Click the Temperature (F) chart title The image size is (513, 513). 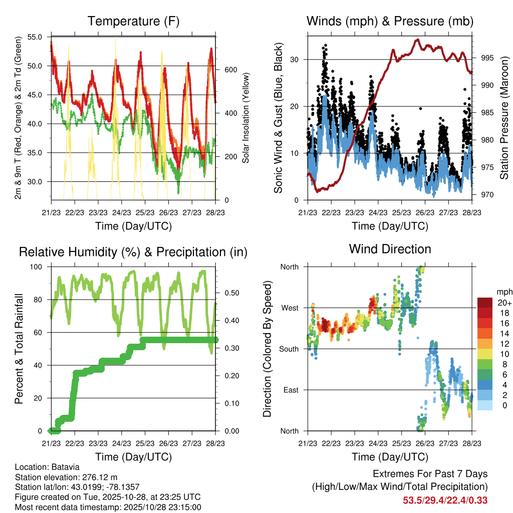click(x=133, y=21)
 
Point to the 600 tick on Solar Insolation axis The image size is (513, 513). click(x=230, y=70)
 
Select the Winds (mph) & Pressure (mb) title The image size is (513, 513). click(x=390, y=21)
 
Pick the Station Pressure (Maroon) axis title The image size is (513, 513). click(x=504, y=117)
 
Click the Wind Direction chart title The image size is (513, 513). click(x=390, y=249)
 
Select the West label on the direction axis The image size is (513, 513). click(x=289, y=308)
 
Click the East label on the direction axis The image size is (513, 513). click(x=290, y=390)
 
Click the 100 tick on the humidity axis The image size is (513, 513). click(x=36, y=267)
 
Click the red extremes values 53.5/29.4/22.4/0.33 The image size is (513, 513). click(x=445, y=500)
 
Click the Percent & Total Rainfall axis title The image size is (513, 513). click(x=19, y=349)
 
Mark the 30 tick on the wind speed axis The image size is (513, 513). click(x=295, y=60)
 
